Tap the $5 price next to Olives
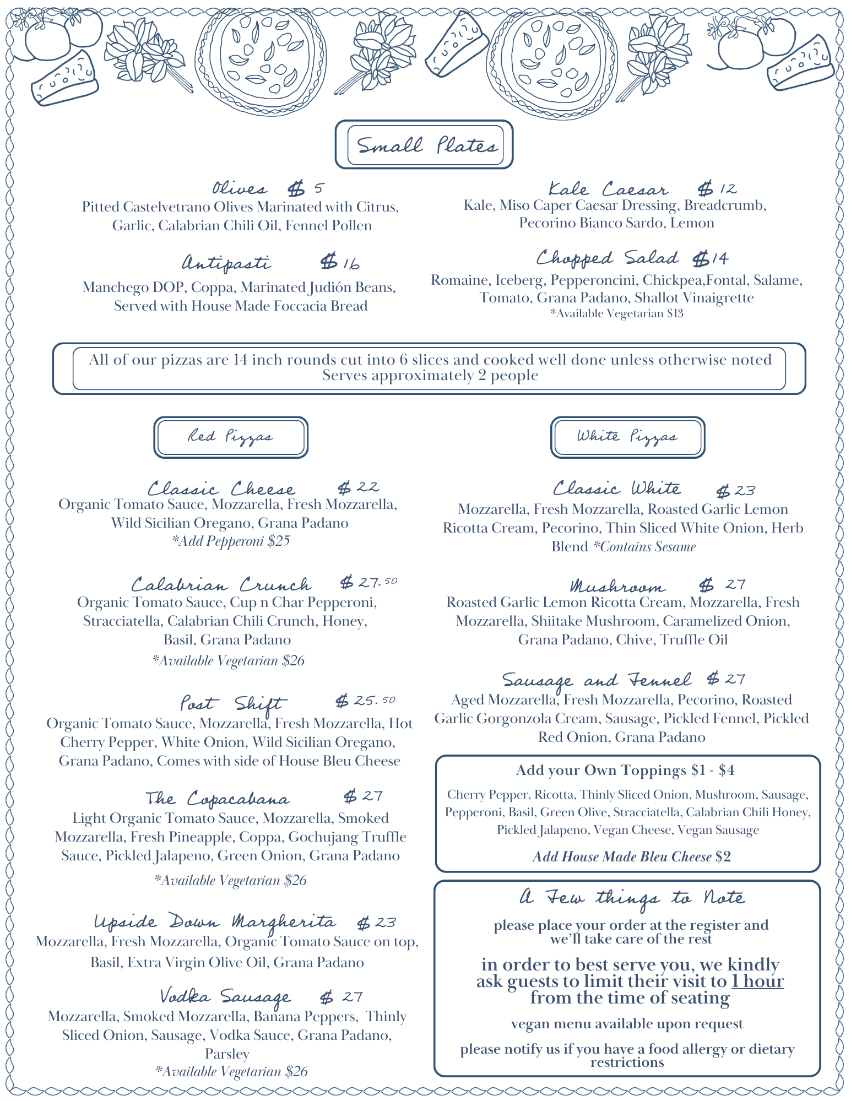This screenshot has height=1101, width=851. [306, 189]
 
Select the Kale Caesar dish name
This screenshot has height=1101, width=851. [608, 189]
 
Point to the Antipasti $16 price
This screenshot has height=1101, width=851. [340, 262]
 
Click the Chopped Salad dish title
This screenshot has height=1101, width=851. [607, 258]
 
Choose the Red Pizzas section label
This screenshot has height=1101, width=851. [230, 437]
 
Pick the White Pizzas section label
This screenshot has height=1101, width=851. [627, 437]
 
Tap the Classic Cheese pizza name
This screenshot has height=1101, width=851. [221, 489]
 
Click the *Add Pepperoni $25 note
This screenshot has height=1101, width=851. [231, 541]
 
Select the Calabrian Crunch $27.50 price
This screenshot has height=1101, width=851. [368, 582]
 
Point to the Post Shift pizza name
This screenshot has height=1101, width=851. [231, 703]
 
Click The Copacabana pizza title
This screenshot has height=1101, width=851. [218, 798]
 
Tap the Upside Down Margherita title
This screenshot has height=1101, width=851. [214, 921]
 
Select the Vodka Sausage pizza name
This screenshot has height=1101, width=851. [225, 996]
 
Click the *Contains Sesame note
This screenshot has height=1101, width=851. [644, 546]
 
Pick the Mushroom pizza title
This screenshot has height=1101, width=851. [617, 585]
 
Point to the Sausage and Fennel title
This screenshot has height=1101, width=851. [597, 680]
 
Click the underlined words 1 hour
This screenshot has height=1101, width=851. [757, 981]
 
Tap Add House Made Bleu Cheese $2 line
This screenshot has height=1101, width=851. [631, 856]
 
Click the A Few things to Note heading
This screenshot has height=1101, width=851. [632, 898]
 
